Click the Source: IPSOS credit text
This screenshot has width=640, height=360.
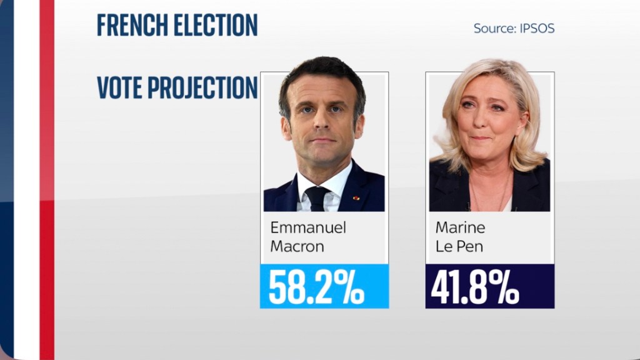tap(514, 29)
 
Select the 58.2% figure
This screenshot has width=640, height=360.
tap(316, 287)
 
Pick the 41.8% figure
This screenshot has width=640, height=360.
tap(476, 287)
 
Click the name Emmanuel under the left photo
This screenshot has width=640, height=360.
tap(307, 227)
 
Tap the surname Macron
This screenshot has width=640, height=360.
tap(297, 246)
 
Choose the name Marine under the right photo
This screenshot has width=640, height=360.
tap(460, 227)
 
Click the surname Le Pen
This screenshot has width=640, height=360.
tap(459, 246)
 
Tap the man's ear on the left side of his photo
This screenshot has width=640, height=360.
tap(286, 127)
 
